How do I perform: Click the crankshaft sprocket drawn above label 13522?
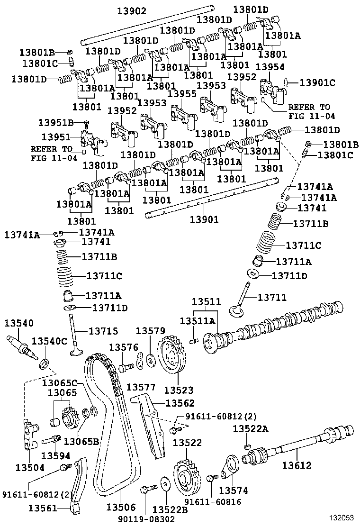pos(185,478)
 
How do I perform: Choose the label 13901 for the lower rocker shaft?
pos(204,219)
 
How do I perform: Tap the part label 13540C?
pos(49,341)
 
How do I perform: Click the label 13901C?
pos(317,82)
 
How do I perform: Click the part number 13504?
pos(28,467)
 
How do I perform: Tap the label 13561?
pos(43,508)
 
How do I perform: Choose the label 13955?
pos(182,94)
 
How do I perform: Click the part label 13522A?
pos(250,429)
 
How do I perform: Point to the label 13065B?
pos(81,442)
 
